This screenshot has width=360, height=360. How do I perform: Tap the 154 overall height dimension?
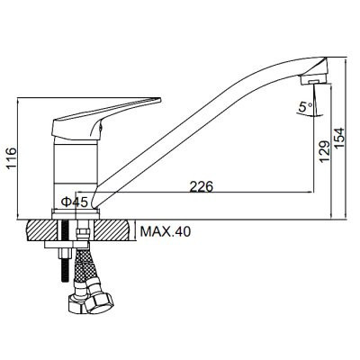[340, 138]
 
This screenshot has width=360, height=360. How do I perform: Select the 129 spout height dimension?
[325, 151]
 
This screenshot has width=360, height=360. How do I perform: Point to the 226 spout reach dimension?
[202, 186]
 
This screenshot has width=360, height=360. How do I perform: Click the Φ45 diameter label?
[75, 202]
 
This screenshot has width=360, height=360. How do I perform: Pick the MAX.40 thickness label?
[166, 231]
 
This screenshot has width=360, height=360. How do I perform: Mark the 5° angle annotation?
[305, 106]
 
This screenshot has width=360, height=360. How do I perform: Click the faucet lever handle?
[107, 119]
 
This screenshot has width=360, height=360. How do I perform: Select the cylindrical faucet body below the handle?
[76, 174]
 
